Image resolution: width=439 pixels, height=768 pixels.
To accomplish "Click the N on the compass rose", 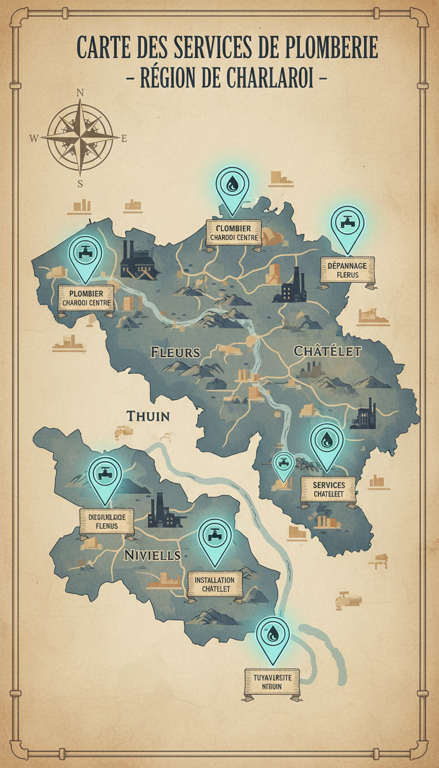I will [x=80, y=93].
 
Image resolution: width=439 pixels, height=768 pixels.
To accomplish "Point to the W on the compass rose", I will [x=34, y=138].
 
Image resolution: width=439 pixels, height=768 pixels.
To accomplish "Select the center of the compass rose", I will [x=81, y=138].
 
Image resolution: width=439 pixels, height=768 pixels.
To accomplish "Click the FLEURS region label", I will [x=175, y=351].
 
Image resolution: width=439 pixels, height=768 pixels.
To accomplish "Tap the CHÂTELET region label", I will [x=328, y=351].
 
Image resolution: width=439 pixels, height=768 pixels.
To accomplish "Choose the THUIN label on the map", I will [x=148, y=416].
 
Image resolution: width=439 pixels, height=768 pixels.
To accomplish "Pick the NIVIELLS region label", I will [x=152, y=554].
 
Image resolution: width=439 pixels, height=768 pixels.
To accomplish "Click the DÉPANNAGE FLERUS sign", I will [x=347, y=269].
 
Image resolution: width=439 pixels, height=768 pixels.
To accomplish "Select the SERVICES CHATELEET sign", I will [x=329, y=489].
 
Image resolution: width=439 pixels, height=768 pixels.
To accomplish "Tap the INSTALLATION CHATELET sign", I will [x=215, y=583].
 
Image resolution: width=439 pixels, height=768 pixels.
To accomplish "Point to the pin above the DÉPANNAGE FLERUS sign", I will [x=347, y=225].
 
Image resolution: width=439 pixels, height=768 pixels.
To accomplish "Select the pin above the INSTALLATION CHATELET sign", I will [x=215, y=538].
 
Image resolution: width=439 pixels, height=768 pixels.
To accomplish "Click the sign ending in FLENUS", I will [x=106, y=521].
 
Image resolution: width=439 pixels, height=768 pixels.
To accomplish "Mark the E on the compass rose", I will [x=124, y=138].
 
